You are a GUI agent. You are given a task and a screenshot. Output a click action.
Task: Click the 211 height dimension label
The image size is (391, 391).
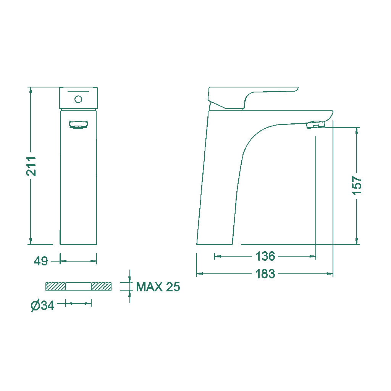pyautogui.click(x=31, y=166)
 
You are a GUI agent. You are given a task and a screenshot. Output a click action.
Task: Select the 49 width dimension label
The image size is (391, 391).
pyautogui.click(x=40, y=261)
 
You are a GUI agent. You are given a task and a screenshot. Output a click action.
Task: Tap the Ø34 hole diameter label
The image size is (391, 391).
pyautogui.click(x=42, y=305)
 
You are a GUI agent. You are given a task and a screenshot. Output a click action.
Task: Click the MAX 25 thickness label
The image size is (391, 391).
pyautogui.click(x=158, y=287)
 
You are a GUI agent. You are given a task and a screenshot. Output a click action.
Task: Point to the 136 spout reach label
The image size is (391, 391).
pyautogui.click(x=265, y=256)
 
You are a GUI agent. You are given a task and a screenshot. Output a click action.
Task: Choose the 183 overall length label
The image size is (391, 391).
pyautogui.click(x=265, y=274)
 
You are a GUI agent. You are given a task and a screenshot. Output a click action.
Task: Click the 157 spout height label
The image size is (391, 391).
pyautogui.click(x=357, y=185)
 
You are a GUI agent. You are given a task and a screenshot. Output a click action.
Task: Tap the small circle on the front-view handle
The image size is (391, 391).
pyautogui.click(x=78, y=99)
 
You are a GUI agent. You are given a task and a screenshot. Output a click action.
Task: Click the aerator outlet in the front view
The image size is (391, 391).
pyautogui.click(x=78, y=124)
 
